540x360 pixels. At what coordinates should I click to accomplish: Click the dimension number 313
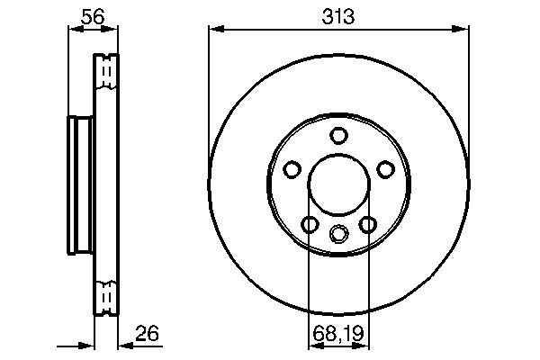click(338, 15)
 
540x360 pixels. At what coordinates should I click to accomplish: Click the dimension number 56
click(93, 15)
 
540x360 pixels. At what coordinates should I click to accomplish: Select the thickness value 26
click(147, 335)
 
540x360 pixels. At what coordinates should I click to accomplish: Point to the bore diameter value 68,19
click(338, 335)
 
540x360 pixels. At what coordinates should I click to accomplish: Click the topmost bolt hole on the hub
click(338, 136)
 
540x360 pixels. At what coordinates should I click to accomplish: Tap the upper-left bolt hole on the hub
click(292, 169)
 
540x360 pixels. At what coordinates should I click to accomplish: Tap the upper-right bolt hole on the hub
click(385, 169)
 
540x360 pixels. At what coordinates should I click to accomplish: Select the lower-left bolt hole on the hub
click(310, 224)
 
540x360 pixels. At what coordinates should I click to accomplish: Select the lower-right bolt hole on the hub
click(367, 224)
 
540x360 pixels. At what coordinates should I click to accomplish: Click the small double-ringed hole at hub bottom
click(338, 234)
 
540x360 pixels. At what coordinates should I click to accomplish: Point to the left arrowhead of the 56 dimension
click(75, 30)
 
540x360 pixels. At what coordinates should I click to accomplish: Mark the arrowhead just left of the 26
click(123, 346)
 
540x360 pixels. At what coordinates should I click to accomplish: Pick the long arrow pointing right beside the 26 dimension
click(76, 346)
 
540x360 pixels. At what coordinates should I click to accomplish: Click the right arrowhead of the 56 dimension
click(112, 30)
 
